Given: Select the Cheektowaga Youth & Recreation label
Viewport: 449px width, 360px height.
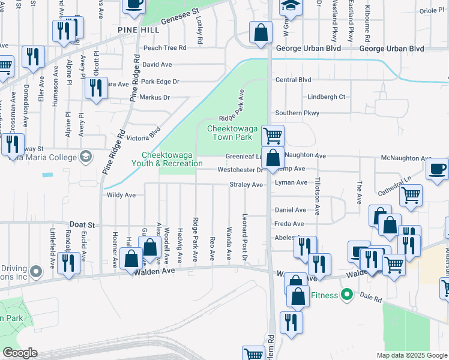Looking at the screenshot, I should pos(172,159).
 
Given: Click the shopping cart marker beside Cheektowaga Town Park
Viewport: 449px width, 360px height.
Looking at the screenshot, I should pos(273,136).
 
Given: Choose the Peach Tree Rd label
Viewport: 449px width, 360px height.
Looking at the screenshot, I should pos(164,48).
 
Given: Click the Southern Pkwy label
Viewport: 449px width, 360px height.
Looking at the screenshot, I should pos(297,113).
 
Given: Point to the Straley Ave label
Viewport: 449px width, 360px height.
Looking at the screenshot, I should pos(246,185).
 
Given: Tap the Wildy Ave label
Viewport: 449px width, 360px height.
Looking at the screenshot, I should pos(121,195).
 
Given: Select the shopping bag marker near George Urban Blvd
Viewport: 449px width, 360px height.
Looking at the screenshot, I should pos(261,34).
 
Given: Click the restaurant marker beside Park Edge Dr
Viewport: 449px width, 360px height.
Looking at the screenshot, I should pos(96,88).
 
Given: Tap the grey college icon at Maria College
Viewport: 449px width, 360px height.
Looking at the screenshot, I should pos(86,157).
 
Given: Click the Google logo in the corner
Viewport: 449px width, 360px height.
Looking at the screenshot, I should pos(20,352).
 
